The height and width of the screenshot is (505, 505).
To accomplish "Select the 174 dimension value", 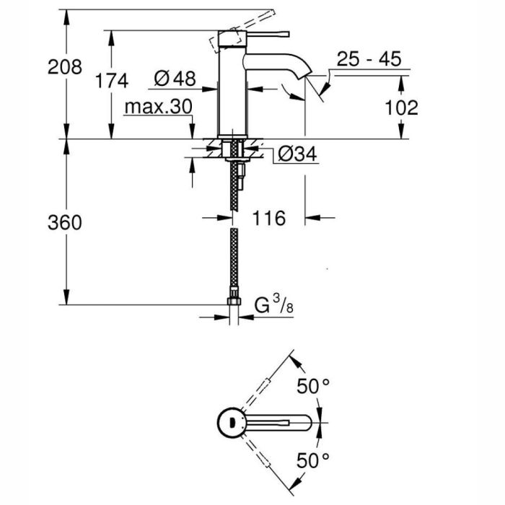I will click(111, 80).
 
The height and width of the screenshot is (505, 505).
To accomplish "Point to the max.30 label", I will click(157, 107).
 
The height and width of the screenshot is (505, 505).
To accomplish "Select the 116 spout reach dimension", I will click(269, 217).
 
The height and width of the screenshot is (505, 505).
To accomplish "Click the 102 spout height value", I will click(401, 107).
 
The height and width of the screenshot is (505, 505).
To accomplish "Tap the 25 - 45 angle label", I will click(368, 60).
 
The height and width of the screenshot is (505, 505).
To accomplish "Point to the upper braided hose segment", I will click(233, 188).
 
